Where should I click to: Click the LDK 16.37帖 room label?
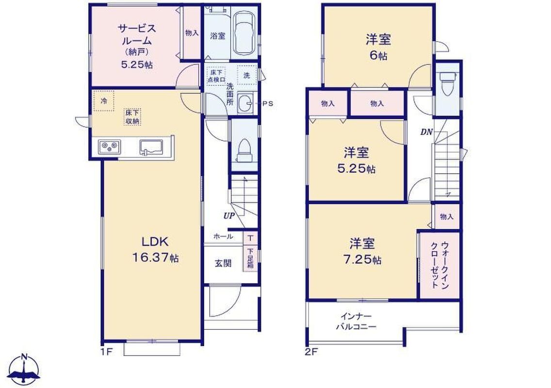[155, 249]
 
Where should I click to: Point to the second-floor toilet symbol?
[448, 83]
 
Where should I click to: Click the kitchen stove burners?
[109, 146]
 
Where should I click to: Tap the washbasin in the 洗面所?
[244, 103]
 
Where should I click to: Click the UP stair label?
[229, 215]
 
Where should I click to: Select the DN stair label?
[426, 132]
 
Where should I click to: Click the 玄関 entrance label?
[223, 263]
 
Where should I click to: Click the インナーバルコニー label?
[356, 321]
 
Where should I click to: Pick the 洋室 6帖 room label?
[378, 47]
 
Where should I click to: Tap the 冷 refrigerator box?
[104, 101]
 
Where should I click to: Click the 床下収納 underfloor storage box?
[132, 117]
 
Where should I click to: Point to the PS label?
[268, 104]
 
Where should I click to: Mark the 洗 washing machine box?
[247, 75]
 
